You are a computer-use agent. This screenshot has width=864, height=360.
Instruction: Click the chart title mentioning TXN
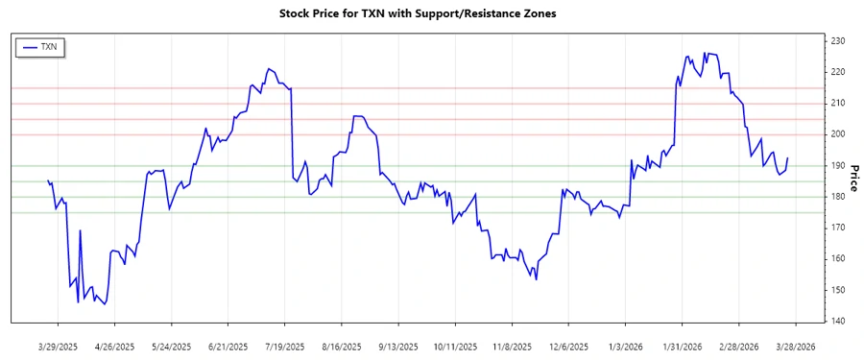click(x=417, y=13)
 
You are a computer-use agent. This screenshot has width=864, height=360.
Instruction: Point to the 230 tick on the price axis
click(x=837, y=41)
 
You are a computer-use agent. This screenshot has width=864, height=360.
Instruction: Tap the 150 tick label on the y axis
click(x=837, y=290)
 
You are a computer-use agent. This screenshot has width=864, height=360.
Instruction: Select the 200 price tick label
click(x=837, y=134)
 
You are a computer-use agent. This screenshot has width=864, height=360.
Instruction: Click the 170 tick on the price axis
click(x=837, y=228)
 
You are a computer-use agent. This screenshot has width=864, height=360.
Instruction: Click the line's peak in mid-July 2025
click(x=269, y=69)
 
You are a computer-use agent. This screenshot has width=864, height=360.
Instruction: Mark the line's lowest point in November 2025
click(x=536, y=279)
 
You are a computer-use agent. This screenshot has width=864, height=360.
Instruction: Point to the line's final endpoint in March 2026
click(x=788, y=158)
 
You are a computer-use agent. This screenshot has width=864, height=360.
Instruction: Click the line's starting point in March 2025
click(x=48, y=180)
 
